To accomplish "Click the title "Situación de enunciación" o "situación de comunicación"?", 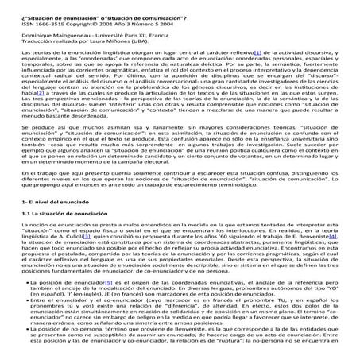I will pos(93,8).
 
